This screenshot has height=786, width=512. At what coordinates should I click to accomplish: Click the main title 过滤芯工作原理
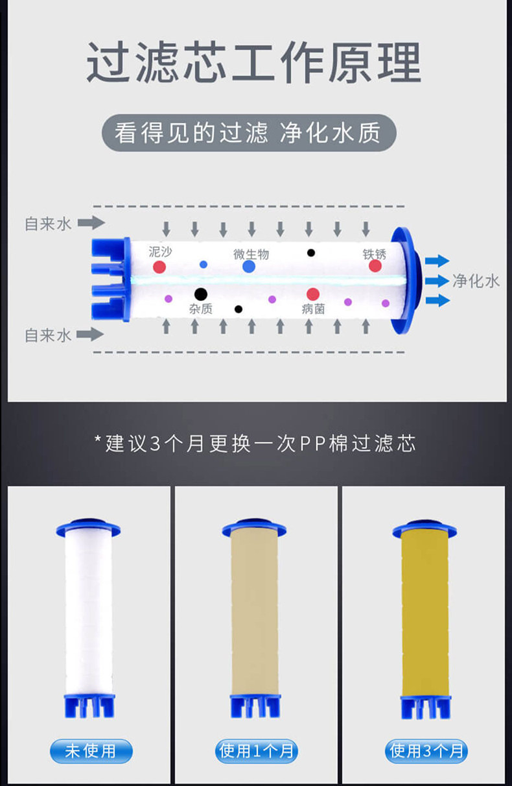point(253,62)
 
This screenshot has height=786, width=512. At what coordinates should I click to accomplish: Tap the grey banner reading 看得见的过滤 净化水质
point(249,133)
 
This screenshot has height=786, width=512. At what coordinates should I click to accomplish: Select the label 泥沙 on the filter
point(160,252)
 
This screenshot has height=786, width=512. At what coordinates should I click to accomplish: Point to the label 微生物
point(251,254)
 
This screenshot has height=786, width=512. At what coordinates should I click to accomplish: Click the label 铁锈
point(374,254)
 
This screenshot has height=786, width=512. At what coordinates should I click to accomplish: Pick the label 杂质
point(201,309)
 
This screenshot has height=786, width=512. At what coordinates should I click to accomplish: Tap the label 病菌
point(313,309)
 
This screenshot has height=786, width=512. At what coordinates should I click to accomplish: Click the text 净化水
point(476,281)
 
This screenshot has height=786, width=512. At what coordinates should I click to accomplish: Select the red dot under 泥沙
point(159,267)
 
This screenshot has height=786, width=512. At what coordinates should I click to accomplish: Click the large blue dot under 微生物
point(249,267)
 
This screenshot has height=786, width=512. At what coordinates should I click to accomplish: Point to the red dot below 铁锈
point(375,266)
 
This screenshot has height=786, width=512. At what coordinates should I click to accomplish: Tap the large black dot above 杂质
point(201,294)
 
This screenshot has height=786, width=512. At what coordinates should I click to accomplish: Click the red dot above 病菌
point(313,294)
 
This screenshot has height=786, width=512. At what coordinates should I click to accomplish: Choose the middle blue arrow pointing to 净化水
point(437,281)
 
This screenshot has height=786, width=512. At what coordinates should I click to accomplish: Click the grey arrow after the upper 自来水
point(91,222)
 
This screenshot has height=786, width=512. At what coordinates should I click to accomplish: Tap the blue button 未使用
point(91,751)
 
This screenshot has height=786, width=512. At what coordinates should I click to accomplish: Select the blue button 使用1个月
point(257,751)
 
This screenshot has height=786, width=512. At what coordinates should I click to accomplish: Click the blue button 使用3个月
point(426,751)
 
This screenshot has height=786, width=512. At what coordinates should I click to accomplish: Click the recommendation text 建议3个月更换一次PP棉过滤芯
point(255,444)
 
